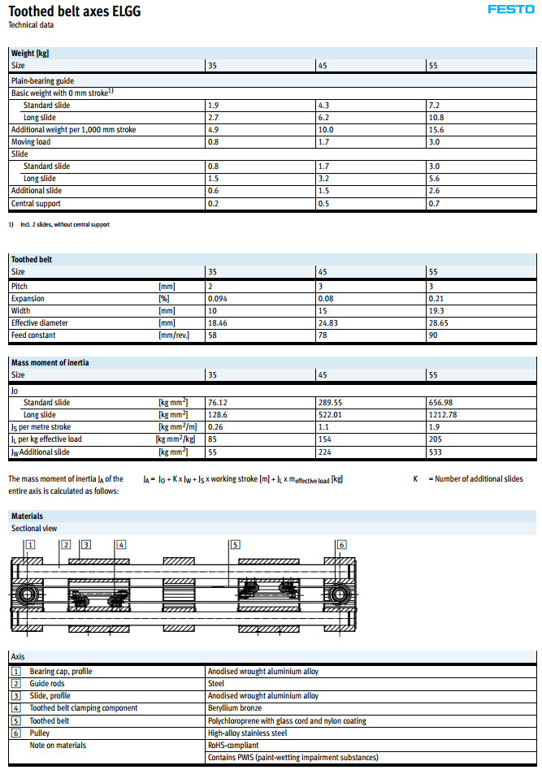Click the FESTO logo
(510, 10)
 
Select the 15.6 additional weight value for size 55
(436, 130)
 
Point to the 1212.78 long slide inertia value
(442, 414)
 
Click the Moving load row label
(31, 142)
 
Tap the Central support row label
(36, 204)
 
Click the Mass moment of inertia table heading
(50, 362)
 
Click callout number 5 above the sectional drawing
(235, 545)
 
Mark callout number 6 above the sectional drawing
(341, 545)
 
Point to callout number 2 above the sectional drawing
(66, 545)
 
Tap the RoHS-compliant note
(234, 745)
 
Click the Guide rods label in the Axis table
(50, 684)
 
